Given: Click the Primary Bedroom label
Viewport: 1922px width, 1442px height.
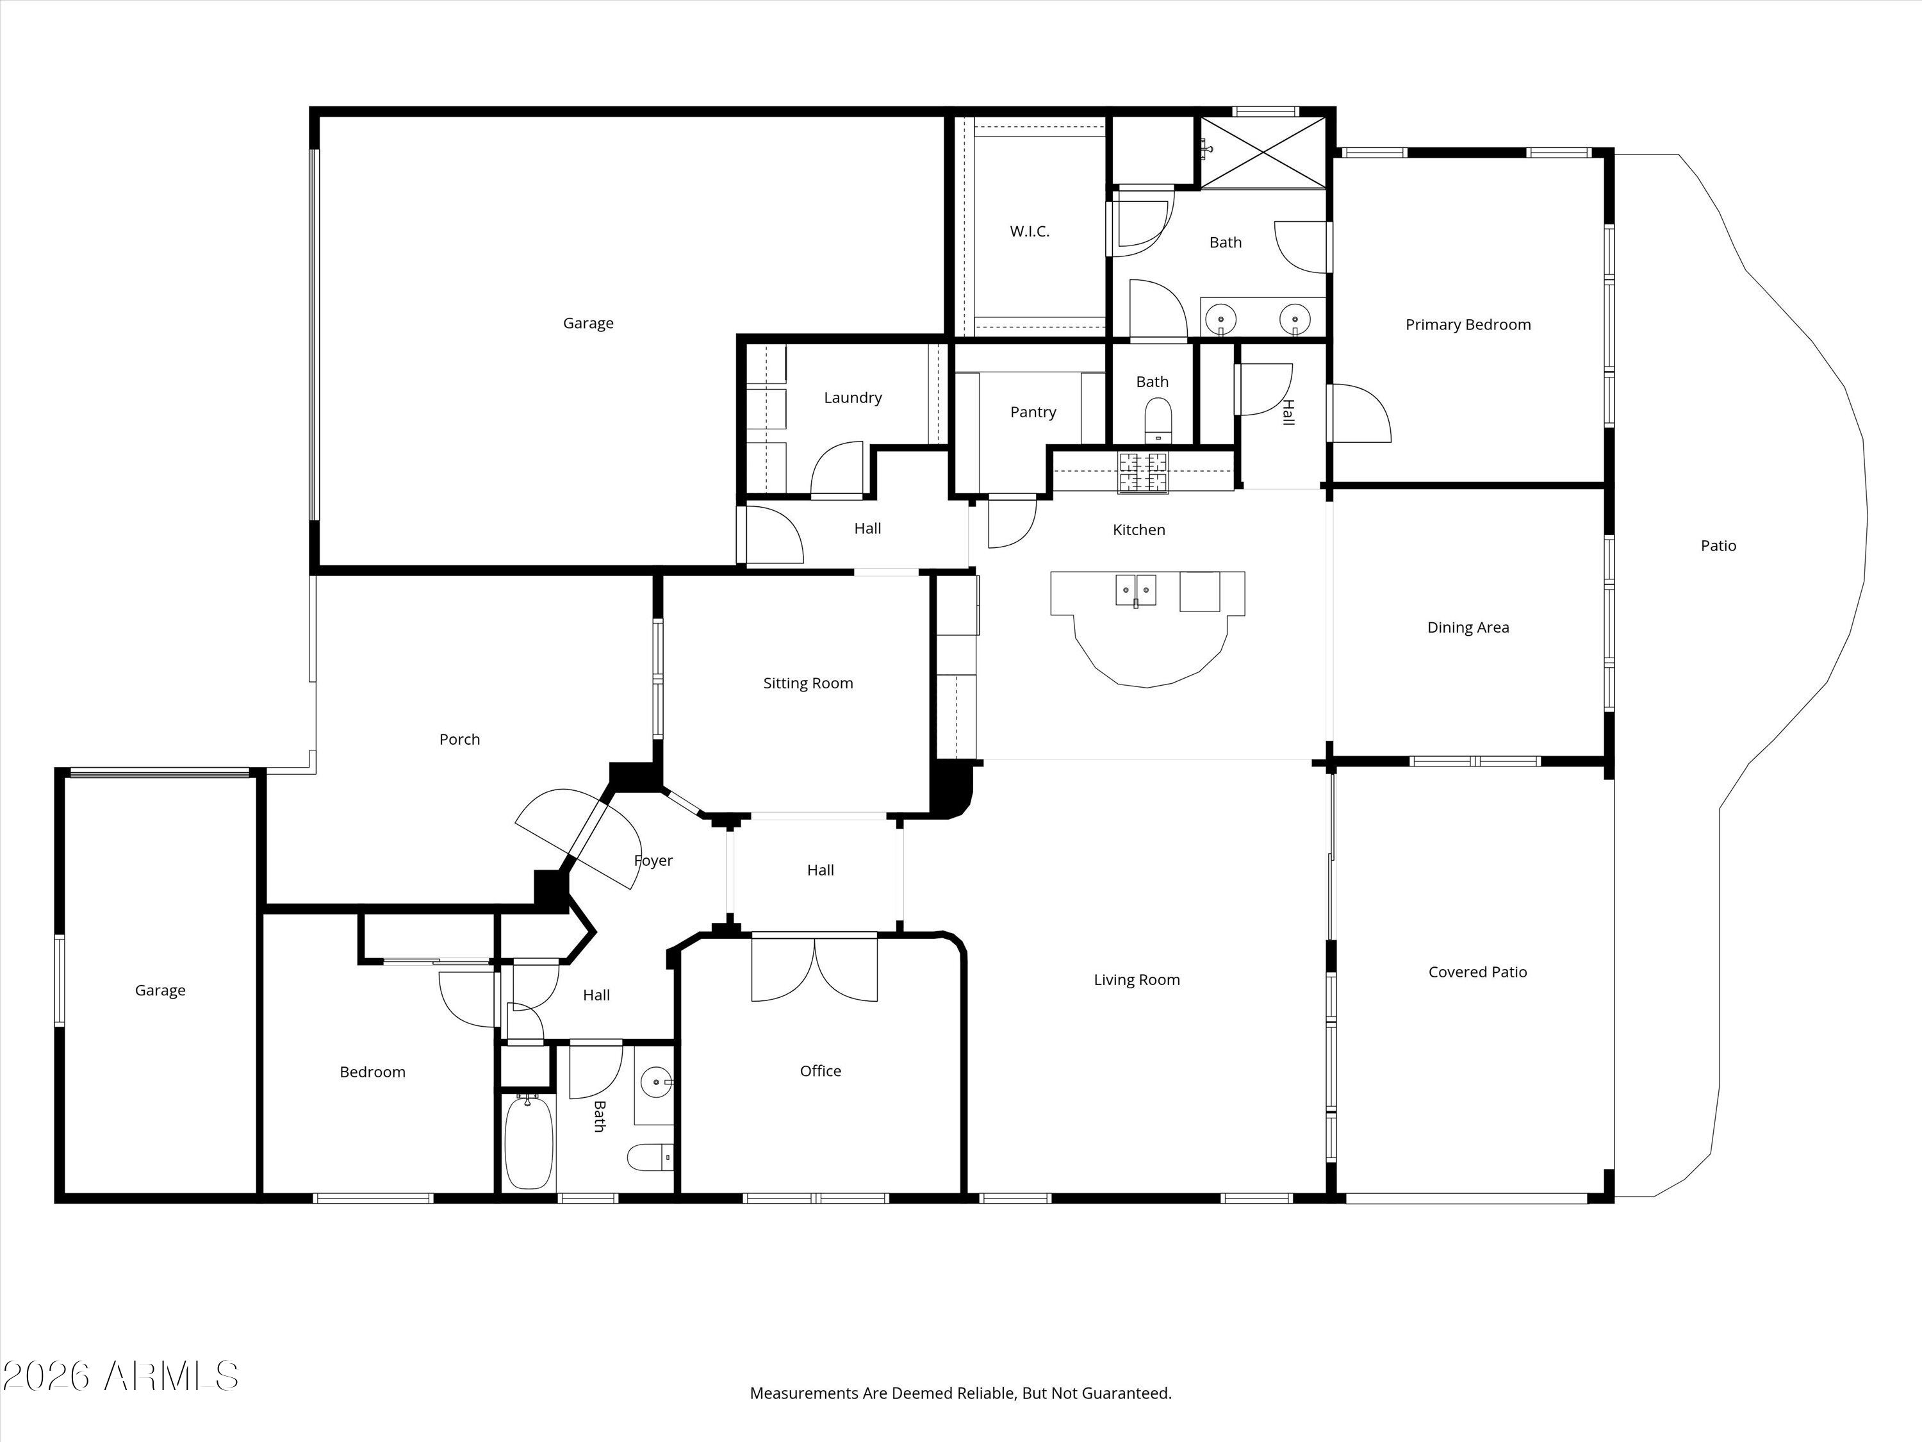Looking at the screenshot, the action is tap(1468, 325).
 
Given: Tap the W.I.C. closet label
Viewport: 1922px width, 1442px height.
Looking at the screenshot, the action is tap(1030, 231).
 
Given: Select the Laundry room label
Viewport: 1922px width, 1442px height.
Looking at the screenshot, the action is tap(852, 398).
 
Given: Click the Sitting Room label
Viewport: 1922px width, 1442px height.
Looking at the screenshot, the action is tap(808, 683).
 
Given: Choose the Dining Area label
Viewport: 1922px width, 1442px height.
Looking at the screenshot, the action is tap(1468, 627).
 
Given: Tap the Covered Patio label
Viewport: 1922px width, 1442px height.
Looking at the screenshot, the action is tap(1477, 972).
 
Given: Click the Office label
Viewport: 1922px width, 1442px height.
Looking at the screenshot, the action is tap(820, 1071).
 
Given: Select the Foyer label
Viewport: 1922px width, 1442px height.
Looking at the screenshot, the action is tap(653, 861).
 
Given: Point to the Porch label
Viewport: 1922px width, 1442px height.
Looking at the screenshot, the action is tap(459, 740).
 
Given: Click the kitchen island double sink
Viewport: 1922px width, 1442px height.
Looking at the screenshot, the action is tap(1136, 590).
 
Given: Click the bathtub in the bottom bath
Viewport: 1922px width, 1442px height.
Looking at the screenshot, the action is tap(529, 1142).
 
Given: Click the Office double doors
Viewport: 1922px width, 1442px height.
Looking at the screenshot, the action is tap(814, 967).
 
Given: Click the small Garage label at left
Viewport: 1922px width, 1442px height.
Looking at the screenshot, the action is tap(160, 991).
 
